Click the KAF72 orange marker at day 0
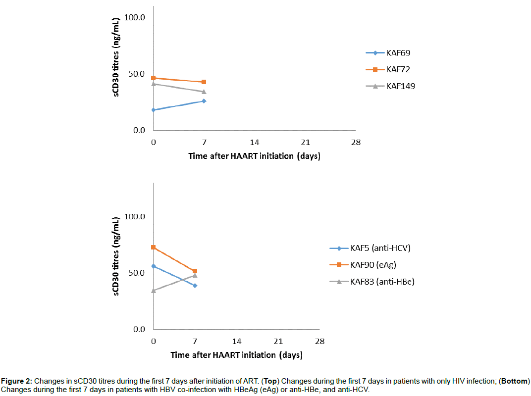154,78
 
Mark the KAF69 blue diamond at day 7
204,101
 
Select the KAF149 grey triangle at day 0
154,84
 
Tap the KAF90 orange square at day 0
154,247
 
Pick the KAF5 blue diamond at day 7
195,286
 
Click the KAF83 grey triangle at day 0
154,291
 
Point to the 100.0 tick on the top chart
134,18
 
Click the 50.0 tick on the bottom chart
134,273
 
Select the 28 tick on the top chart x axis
356,143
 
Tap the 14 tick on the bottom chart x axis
237,342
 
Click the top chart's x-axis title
254,156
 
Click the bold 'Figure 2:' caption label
16,382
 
